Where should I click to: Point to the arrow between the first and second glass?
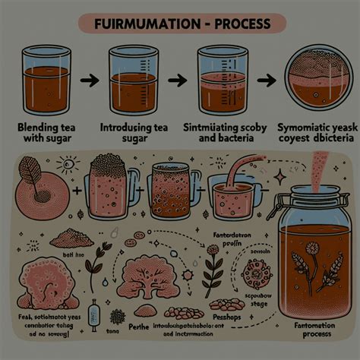(87, 78)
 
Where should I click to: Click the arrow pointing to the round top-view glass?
(267, 79)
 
